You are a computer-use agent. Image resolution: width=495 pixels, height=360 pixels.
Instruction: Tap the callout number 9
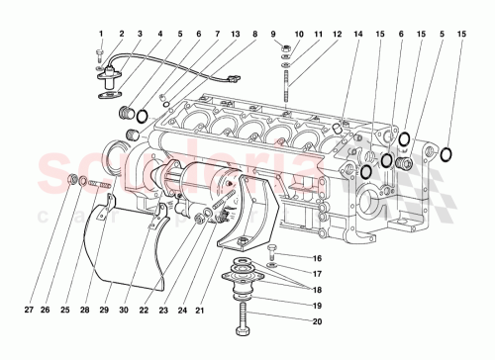tap(272, 33)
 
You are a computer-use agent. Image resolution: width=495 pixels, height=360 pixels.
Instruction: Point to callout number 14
tap(358, 33)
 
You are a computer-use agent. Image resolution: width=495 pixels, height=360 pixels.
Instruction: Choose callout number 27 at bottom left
tap(30, 310)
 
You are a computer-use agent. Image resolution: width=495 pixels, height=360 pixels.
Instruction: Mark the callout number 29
tap(104, 310)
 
